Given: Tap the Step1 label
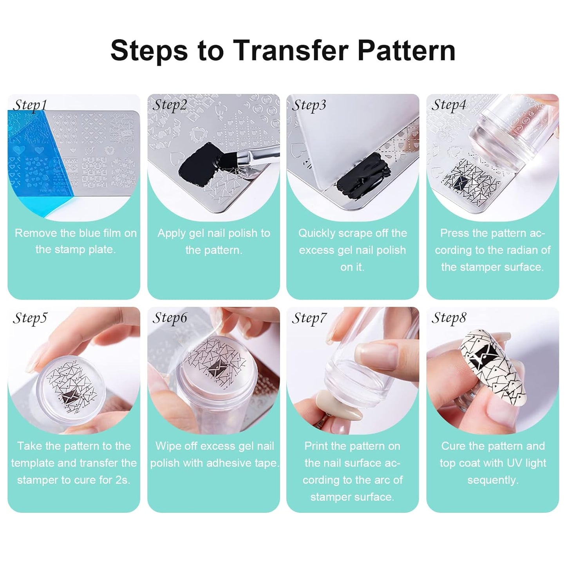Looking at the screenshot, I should tap(30, 105).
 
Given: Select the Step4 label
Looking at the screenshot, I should tap(448, 105).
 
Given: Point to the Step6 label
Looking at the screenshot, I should tap(170, 318).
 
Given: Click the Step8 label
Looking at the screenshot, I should tap(449, 318).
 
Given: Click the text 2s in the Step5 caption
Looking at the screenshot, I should tap(123, 480).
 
